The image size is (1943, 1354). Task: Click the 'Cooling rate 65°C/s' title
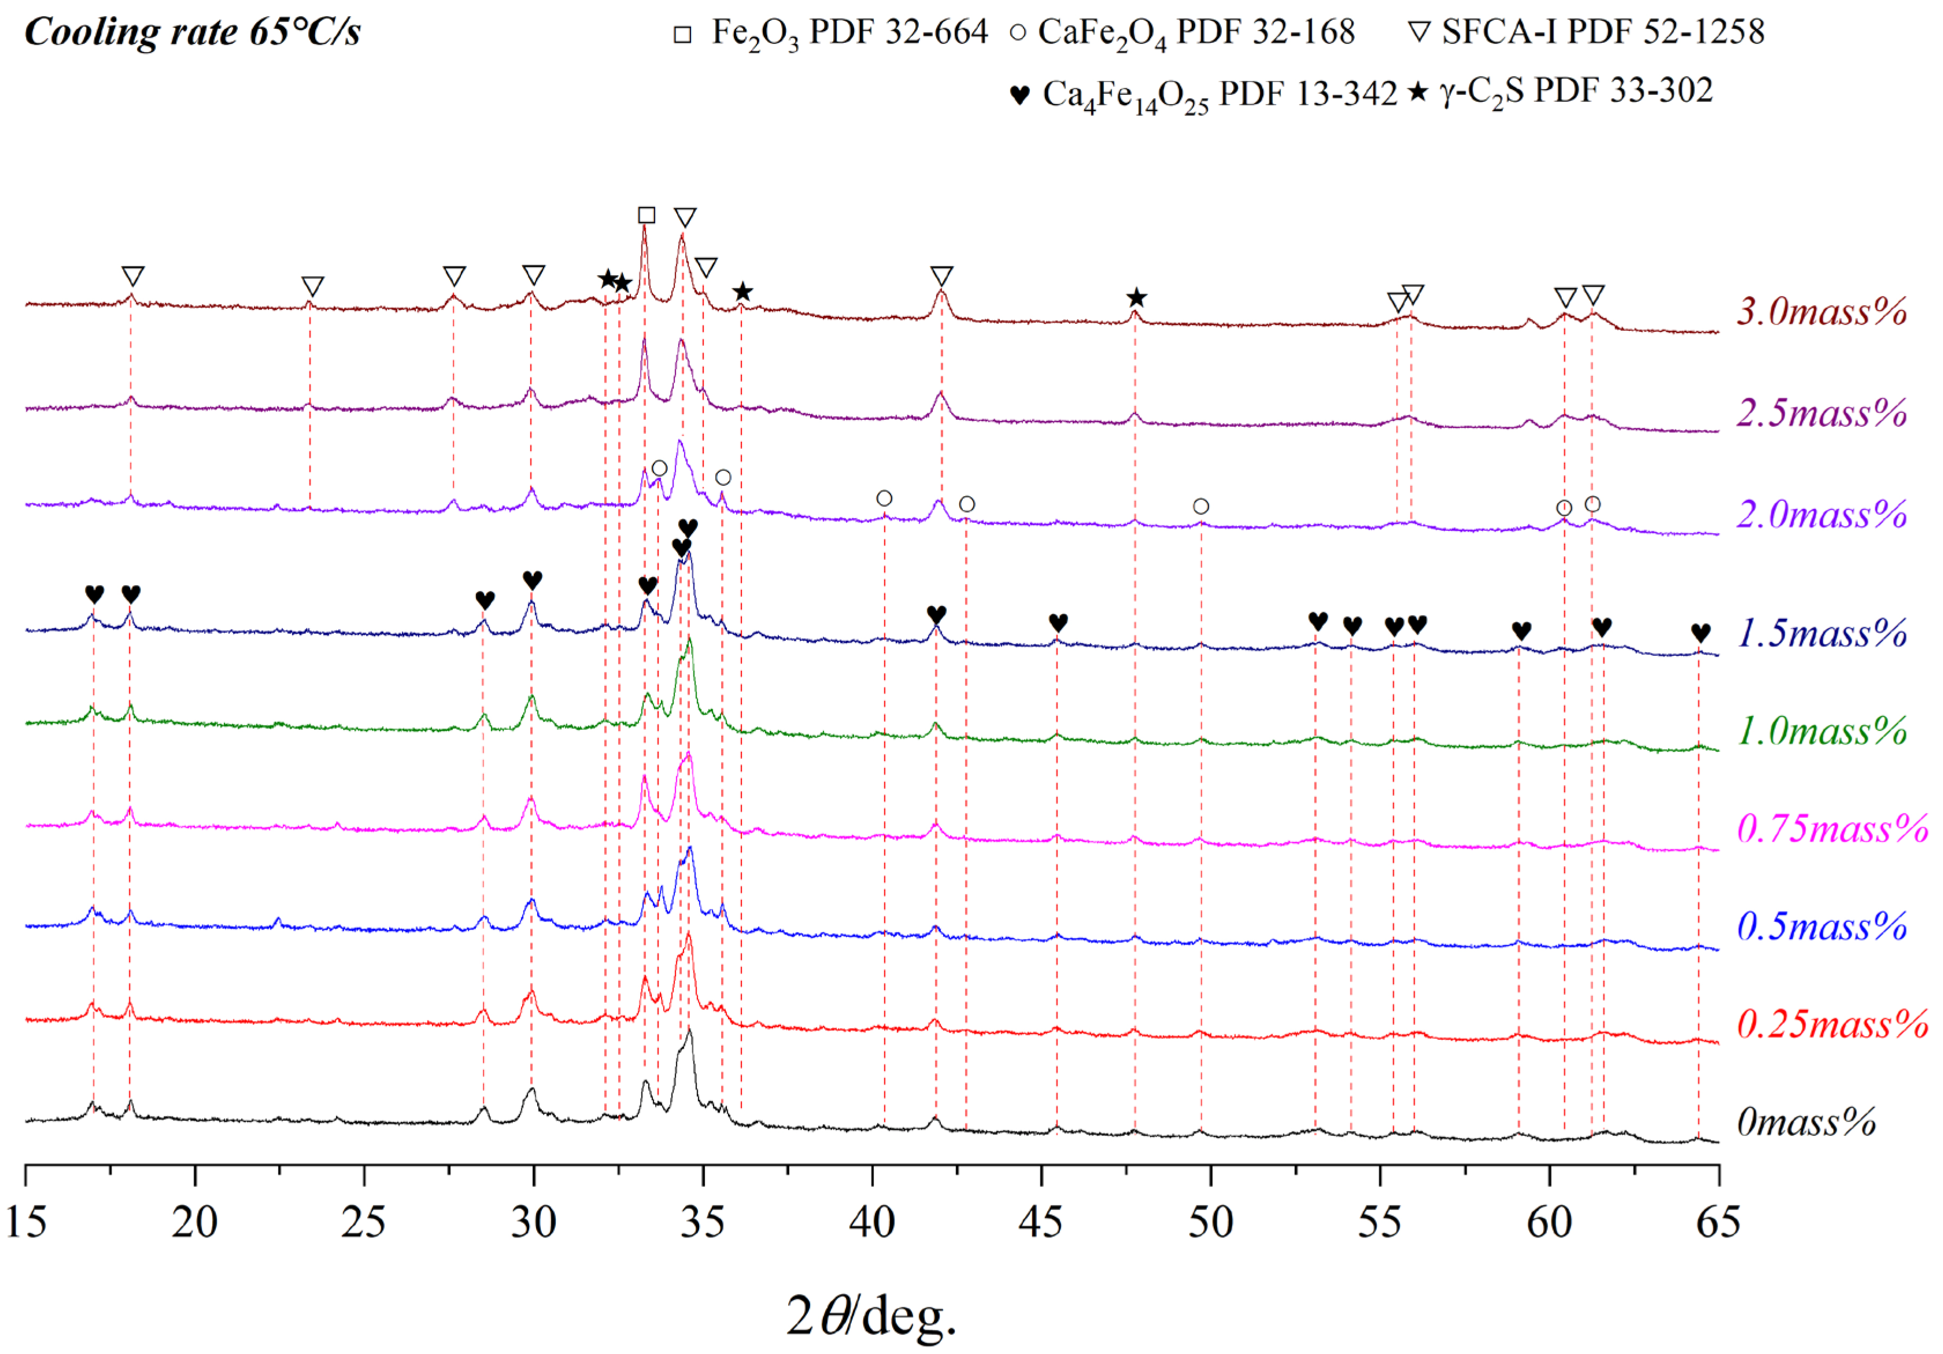point(193,32)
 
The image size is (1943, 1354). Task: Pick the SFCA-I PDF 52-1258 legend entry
point(1587,32)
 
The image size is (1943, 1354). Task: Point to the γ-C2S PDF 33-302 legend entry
point(1561,91)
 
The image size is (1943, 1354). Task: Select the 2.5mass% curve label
point(1821,413)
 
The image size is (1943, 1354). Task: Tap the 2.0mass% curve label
point(1821,515)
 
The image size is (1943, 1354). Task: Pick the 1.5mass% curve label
point(1821,633)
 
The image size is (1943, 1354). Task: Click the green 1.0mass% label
point(1821,731)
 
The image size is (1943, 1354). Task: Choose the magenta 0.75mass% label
point(1832,828)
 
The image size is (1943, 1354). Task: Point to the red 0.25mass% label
point(1832,1025)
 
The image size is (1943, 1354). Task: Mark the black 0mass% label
point(1806,1123)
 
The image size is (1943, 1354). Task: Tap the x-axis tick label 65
point(1718,1222)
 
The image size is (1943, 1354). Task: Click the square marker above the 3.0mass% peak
point(647,215)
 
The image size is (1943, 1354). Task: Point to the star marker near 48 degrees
point(1136,298)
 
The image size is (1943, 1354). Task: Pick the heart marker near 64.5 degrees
point(1701,632)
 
